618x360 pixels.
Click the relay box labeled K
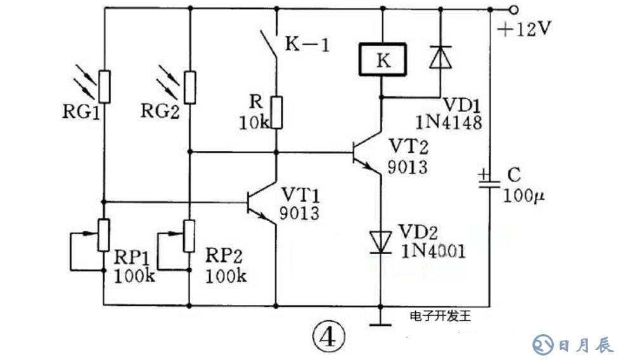382,60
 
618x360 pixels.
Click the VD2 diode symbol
381,241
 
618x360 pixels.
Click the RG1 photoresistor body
105,87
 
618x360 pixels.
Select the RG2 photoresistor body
190,87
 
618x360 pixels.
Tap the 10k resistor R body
276,112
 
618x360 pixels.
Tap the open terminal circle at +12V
514,10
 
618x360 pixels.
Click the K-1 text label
307,44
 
